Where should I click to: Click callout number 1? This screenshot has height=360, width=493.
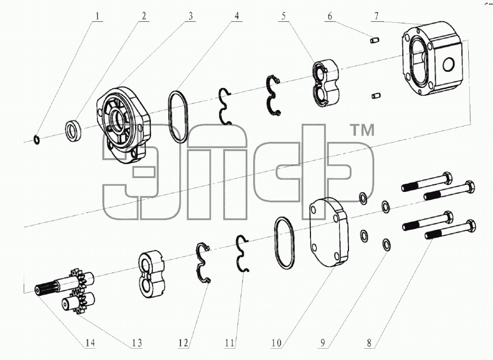click(x=98, y=16)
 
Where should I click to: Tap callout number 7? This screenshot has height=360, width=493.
click(x=377, y=16)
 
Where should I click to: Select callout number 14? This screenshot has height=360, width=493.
click(x=90, y=343)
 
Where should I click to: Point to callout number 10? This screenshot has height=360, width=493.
click(x=276, y=343)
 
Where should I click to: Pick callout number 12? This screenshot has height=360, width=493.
click(x=183, y=343)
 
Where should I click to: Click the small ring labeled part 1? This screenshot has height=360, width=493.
click(x=37, y=139)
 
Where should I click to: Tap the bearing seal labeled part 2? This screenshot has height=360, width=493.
click(x=74, y=129)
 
